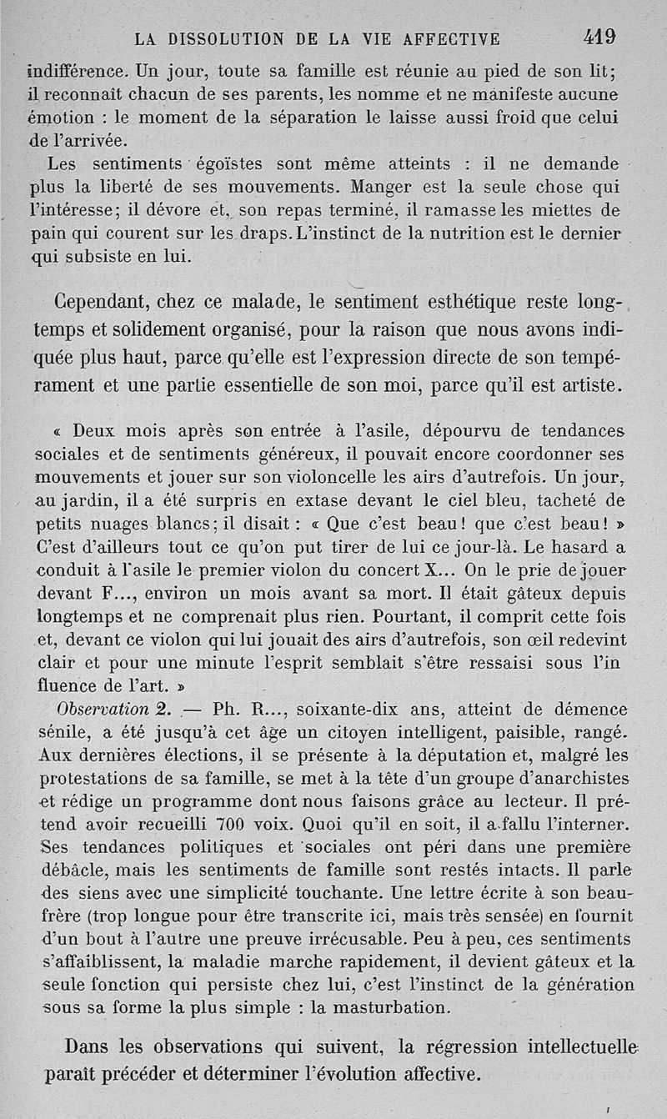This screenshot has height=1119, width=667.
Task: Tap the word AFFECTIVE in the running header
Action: [451, 38]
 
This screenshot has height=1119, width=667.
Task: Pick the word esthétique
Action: [459, 301]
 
